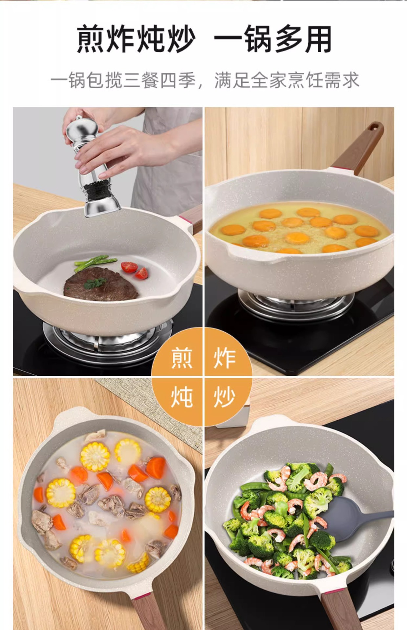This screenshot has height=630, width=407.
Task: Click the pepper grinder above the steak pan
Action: tap(94, 167)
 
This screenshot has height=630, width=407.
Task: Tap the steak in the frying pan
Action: tap(101, 284)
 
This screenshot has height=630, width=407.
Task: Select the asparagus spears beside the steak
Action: tap(95, 263)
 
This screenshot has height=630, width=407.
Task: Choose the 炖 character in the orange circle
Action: tap(182, 397)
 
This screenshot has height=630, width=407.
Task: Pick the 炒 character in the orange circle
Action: tap(225, 397)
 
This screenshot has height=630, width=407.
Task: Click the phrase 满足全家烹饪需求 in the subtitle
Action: tap(287, 80)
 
